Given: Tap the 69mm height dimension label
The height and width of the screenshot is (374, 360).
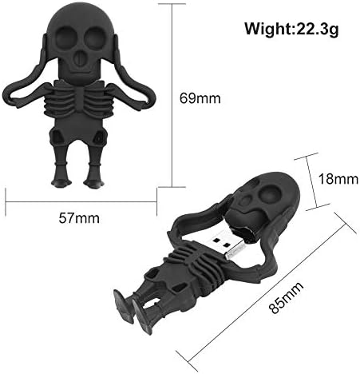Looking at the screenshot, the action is [200, 98].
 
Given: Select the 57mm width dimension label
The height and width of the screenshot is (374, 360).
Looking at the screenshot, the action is [79, 218].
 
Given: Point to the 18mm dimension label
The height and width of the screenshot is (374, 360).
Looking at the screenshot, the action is [338, 179].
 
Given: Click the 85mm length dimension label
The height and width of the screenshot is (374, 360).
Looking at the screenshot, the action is [286, 297].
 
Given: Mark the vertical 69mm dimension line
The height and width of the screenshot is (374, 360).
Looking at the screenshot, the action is [172, 95].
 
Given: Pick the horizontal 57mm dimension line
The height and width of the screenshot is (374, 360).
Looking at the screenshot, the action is [81, 202].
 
